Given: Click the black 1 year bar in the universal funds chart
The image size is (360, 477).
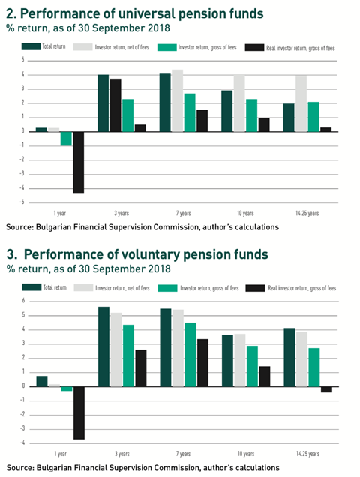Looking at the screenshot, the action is [x=79, y=163].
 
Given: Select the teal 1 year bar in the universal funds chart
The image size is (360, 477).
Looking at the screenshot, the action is [x=66, y=139].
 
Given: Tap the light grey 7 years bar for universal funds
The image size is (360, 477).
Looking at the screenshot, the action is [x=178, y=100].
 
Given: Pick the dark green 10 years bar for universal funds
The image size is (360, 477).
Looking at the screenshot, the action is [x=227, y=111].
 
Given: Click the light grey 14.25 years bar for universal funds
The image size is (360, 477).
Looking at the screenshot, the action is [x=301, y=103].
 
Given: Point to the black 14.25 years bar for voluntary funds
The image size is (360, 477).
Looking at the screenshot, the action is [x=326, y=389].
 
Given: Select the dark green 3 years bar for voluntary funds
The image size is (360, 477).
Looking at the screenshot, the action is [x=103, y=346].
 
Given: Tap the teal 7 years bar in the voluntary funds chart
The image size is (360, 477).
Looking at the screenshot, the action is [x=190, y=355].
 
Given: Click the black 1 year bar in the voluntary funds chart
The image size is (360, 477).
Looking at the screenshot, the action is [x=79, y=412].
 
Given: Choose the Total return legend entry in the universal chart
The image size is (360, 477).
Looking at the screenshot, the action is [x=43, y=46].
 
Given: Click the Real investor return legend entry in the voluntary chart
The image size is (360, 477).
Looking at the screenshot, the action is [x=291, y=288].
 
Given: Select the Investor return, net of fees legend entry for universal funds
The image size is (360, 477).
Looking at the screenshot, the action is [x=111, y=47].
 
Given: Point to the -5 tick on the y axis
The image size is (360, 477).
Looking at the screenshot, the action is [x=22, y=202].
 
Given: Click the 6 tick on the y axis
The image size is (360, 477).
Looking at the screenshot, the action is [x=23, y=301].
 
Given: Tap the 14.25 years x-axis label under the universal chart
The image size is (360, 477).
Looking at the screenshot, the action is [x=307, y=213].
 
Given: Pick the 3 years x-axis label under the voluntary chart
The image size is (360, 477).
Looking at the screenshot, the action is [x=122, y=454].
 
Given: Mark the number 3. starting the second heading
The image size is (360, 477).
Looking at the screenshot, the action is [x=12, y=254].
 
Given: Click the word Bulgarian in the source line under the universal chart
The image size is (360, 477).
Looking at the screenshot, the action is [x=50, y=227].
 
